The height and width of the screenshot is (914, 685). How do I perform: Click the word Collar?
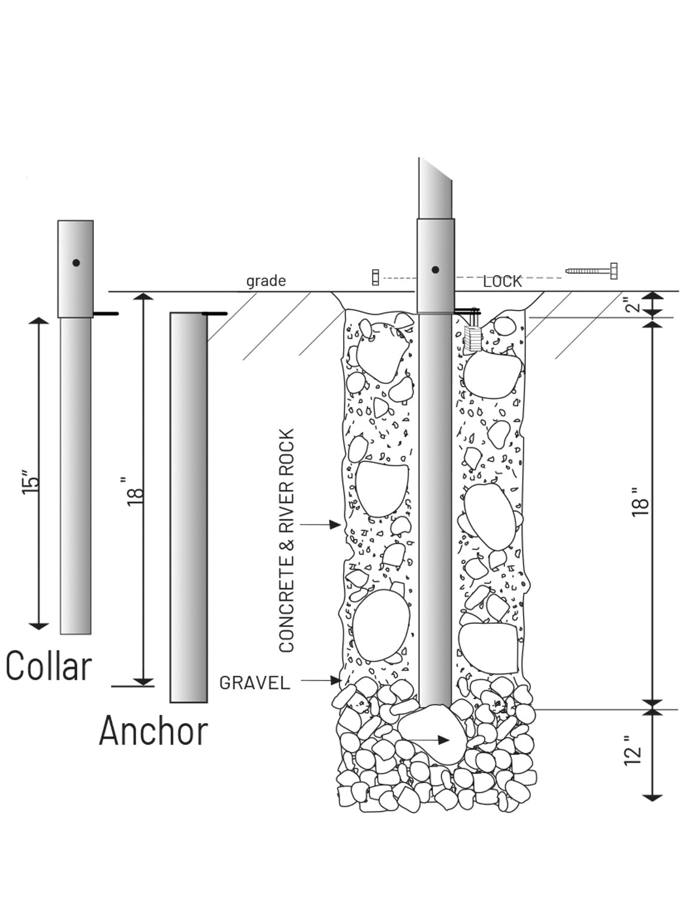48,666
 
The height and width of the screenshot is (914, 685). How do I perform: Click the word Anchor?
154,731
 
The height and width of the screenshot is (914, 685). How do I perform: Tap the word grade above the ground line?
266,281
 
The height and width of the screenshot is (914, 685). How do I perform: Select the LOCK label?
503,282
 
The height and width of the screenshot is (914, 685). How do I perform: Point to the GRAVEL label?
255,683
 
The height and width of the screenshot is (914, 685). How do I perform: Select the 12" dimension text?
632,750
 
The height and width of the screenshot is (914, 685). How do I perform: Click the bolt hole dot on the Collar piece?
76,263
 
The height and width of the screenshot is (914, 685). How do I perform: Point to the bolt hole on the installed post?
435,270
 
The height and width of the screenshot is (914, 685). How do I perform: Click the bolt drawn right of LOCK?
591,271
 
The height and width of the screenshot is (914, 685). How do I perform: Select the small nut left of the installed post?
375,278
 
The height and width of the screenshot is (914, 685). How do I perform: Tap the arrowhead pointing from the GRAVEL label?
336,680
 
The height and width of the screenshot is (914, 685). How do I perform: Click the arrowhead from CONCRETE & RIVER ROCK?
335,525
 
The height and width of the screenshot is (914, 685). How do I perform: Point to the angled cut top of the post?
435,169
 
